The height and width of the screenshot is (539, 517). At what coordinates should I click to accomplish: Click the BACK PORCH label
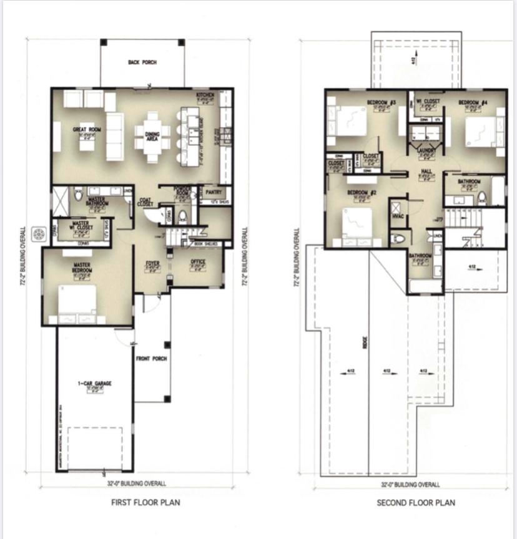[x=142, y=62]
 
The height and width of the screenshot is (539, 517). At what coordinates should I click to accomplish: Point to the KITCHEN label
[x=205, y=94]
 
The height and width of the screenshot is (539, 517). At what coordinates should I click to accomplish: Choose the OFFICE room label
[x=197, y=262]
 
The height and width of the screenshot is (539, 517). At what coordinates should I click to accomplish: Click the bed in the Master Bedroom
[x=77, y=302]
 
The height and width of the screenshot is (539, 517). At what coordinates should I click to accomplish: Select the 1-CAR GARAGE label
[x=94, y=384]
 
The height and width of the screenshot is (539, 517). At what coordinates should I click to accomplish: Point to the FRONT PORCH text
[x=151, y=359]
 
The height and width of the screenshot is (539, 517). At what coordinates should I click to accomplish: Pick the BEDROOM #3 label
[x=382, y=102]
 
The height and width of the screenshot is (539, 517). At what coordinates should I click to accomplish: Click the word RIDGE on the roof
[x=367, y=343]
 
